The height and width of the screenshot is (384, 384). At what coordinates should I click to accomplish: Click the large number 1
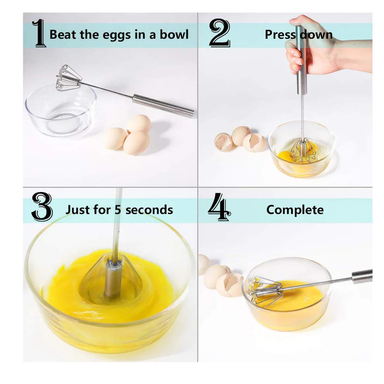pyautogui.click(x=39, y=35)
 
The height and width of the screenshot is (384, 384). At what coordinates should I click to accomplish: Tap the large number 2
pyautogui.click(x=219, y=35)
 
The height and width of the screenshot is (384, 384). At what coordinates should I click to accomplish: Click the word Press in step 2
pyautogui.click(x=279, y=35)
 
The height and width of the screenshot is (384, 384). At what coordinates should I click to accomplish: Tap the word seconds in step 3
pyautogui.click(x=149, y=210)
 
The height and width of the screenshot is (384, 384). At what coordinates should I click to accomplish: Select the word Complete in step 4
pyautogui.click(x=295, y=210)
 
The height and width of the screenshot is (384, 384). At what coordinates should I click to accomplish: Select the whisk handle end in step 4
pyautogui.click(x=362, y=276)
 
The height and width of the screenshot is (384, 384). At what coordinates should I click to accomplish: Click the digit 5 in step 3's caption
pyautogui.click(x=118, y=210)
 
